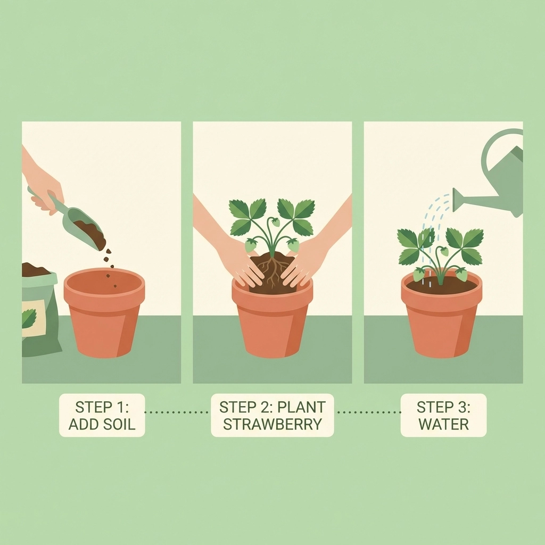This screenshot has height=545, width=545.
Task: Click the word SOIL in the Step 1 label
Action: coord(118,424)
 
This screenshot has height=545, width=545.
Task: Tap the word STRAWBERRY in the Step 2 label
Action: coord(272,424)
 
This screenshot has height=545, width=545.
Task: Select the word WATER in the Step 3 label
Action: coord(443,424)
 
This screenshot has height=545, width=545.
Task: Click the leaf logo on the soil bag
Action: coord(29,318)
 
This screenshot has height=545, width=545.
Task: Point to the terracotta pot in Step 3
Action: coord(442,315)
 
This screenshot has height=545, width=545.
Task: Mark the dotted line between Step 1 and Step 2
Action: coord(176,412)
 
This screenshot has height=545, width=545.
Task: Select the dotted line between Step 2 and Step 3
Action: coord(369,412)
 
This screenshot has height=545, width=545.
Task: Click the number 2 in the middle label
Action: coord(261,407)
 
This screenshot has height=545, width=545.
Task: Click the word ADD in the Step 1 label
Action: coord(82,424)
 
